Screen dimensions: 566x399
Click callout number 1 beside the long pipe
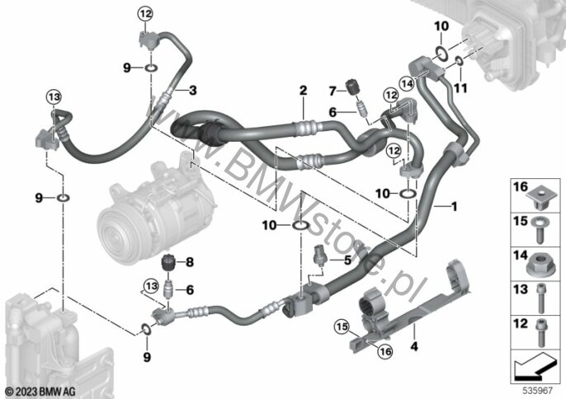(x=455, y=207)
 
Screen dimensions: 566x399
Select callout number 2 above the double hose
(x=304, y=90)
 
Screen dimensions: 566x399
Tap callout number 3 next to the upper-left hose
(x=193, y=90)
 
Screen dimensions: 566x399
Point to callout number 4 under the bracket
(x=414, y=347)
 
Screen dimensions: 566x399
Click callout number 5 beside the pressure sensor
(x=347, y=260)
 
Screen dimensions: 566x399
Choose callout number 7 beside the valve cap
(x=332, y=91)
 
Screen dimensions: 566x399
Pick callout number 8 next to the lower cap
(x=190, y=262)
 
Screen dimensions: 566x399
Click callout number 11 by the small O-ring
(x=460, y=87)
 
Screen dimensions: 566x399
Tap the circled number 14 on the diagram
(x=408, y=84)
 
